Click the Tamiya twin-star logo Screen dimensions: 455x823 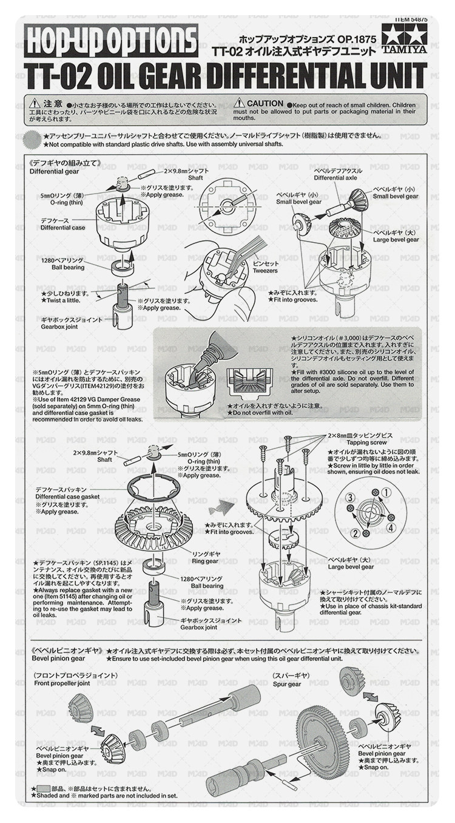(405, 37)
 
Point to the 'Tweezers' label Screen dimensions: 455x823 (265, 271)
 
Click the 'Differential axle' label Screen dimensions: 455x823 (335, 178)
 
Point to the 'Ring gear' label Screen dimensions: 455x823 (204, 561)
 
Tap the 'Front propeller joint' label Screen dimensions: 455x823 (62, 683)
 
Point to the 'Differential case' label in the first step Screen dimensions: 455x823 (63, 228)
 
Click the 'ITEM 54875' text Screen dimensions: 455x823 (412, 21)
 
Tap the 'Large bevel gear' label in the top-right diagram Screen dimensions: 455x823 (396, 240)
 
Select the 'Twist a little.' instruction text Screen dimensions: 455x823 (61, 300)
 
